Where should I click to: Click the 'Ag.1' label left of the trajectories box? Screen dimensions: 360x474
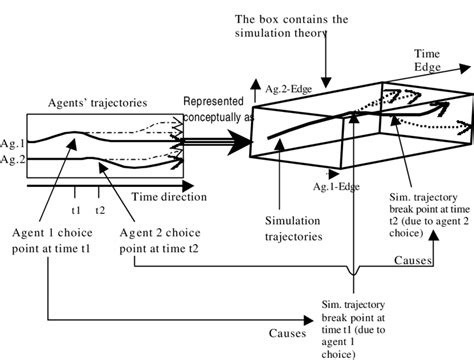(11, 143)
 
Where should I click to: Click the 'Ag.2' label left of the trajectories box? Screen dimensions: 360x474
(11, 159)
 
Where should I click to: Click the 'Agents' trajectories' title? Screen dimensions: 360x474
(96, 103)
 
